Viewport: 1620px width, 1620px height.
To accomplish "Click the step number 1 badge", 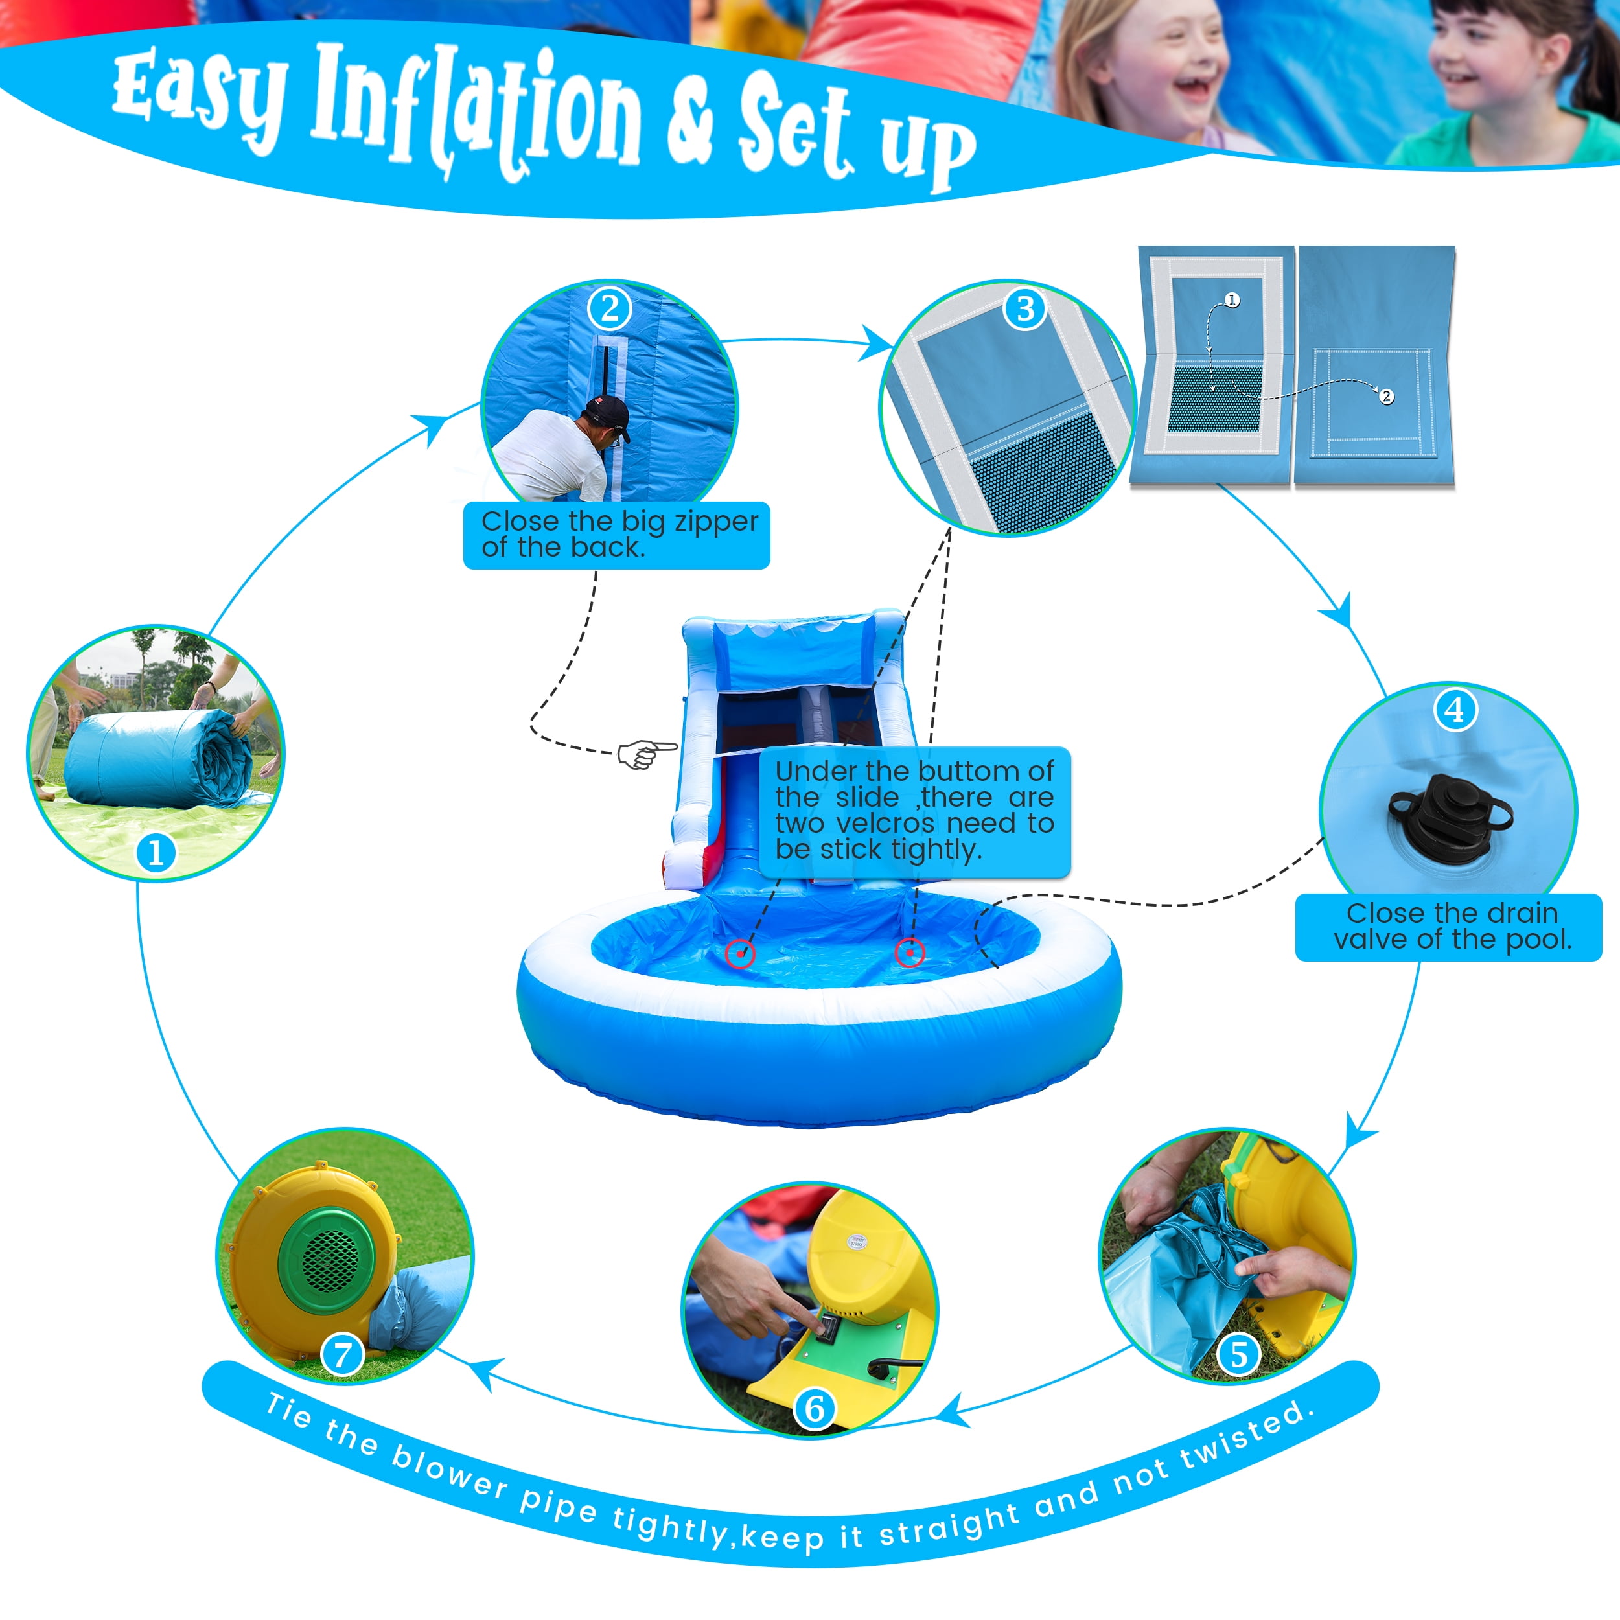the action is click(x=156, y=853).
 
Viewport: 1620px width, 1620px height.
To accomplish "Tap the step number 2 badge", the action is click(x=610, y=308).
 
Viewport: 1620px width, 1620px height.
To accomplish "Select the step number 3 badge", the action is click(x=1024, y=308).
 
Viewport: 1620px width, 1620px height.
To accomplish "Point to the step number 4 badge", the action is click(x=1455, y=710).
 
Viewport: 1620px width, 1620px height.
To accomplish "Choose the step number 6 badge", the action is click(x=814, y=1409).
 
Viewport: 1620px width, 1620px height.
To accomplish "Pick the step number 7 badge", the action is click(x=342, y=1355).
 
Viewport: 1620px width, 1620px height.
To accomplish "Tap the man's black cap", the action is click(x=608, y=416).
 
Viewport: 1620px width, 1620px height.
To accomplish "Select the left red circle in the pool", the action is click(x=739, y=953).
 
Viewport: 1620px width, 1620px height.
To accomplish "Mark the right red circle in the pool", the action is click(x=910, y=953).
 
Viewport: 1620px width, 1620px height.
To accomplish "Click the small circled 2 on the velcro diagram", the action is click(x=1387, y=397).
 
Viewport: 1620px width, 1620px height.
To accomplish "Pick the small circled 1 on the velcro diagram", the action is click(x=1232, y=299).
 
